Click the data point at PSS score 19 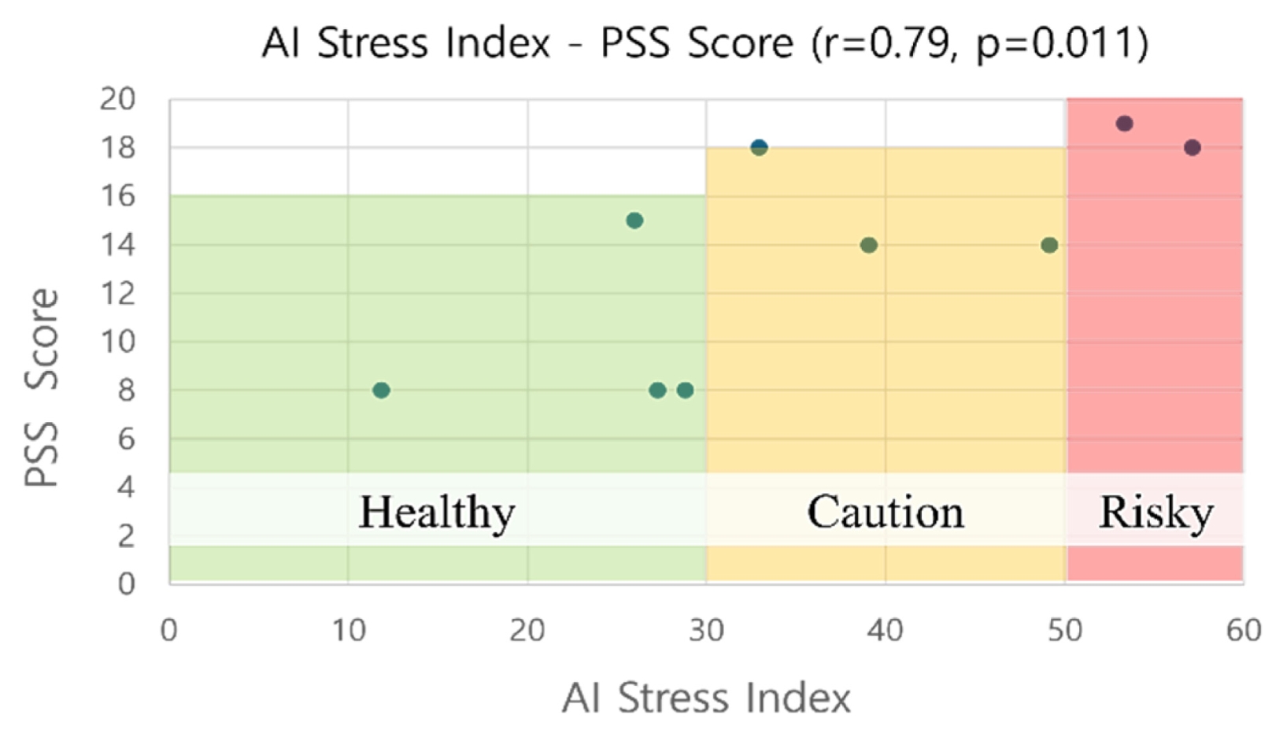pyautogui.click(x=1124, y=124)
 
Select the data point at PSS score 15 pyautogui.click(x=634, y=220)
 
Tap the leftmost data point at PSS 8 pyautogui.click(x=381, y=391)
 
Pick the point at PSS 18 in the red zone pyautogui.click(x=1193, y=148)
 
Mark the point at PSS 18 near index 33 pyautogui.click(x=759, y=148)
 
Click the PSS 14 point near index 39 pyautogui.click(x=869, y=246)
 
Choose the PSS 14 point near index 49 pyautogui.click(x=1049, y=246)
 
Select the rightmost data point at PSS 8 pyautogui.click(x=685, y=391)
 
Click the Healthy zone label pyautogui.click(x=437, y=513)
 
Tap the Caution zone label pyautogui.click(x=886, y=512)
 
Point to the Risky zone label pyautogui.click(x=1156, y=513)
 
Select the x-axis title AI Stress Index pyautogui.click(x=706, y=698)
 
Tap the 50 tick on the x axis pyautogui.click(x=1065, y=631)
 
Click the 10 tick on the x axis pyautogui.click(x=349, y=631)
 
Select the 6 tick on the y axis pyautogui.click(x=127, y=439)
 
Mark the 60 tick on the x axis pyautogui.click(x=1244, y=631)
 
